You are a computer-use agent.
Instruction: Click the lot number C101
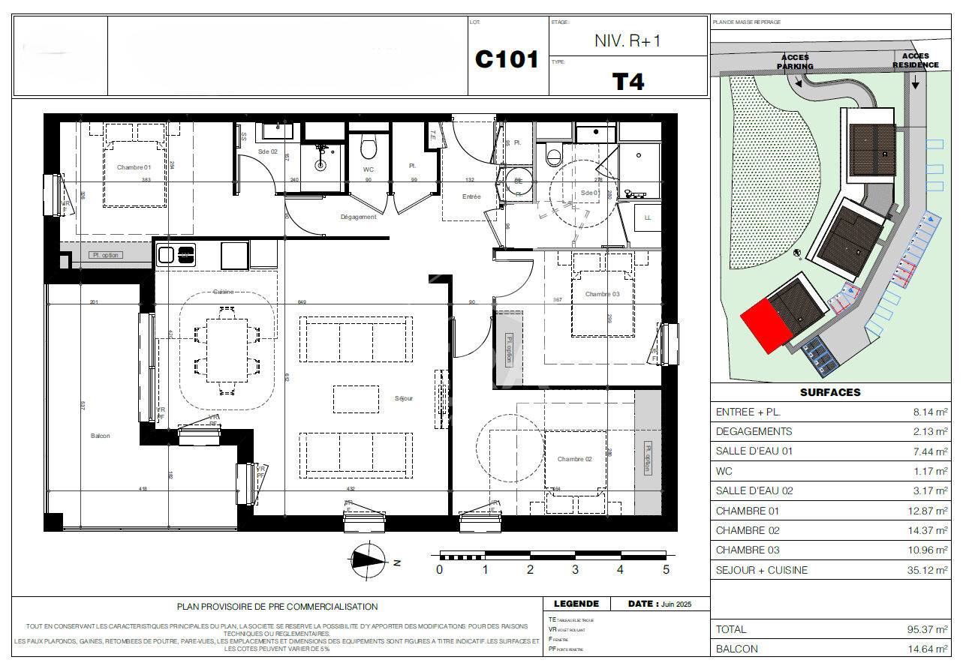(507, 60)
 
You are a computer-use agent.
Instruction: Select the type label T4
(628, 81)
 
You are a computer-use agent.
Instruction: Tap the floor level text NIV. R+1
(627, 41)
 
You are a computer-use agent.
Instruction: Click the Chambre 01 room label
(134, 167)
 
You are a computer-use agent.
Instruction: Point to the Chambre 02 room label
(574, 459)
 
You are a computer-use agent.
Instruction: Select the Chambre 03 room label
(603, 294)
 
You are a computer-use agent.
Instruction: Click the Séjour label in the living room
(404, 398)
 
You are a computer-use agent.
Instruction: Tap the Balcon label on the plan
(100, 436)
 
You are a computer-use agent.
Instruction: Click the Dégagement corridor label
(358, 217)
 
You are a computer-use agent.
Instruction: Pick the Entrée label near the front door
(471, 196)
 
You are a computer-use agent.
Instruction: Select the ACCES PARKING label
(795, 61)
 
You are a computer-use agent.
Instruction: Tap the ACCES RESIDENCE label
(915, 60)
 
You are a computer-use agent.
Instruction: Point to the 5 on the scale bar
(665, 570)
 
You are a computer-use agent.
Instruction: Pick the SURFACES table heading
(830, 392)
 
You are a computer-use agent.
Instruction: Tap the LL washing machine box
(646, 218)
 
